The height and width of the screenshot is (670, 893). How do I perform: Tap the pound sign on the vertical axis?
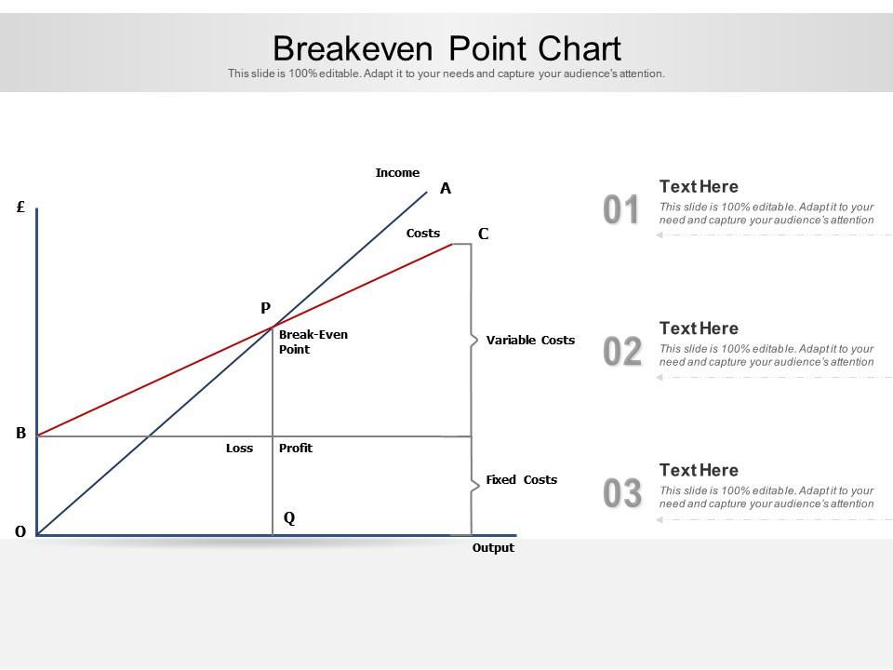pyautogui.click(x=20, y=208)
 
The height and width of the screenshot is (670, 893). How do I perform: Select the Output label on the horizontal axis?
pyautogui.click(x=493, y=548)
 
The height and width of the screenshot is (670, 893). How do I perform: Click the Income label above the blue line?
pyautogui.click(x=397, y=173)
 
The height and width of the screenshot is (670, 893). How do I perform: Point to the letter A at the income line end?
pyautogui.click(x=446, y=189)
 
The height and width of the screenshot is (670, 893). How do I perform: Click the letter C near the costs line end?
pyautogui.click(x=483, y=234)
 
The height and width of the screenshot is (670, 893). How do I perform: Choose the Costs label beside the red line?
pyautogui.click(x=423, y=234)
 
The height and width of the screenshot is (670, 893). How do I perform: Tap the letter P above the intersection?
pyautogui.click(x=265, y=308)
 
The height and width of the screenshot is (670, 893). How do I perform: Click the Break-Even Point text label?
pyautogui.click(x=313, y=342)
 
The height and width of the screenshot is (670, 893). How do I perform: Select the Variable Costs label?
pyautogui.click(x=530, y=341)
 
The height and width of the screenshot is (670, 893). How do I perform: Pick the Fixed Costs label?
pyautogui.click(x=521, y=480)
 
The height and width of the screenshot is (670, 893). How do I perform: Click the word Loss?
pyautogui.click(x=239, y=449)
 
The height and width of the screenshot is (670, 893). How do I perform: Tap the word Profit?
pyautogui.click(x=296, y=449)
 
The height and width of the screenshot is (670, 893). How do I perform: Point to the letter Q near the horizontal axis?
pyautogui.click(x=289, y=518)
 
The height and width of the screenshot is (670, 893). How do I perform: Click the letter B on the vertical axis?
pyautogui.click(x=20, y=433)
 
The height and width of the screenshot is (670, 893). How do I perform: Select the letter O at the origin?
pyautogui.click(x=20, y=532)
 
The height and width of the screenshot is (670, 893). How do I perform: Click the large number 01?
pyautogui.click(x=621, y=211)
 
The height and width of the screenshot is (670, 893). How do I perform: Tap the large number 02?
pyautogui.click(x=621, y=353)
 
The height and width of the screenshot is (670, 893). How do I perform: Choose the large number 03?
pyautogui.click(x=621, y=494)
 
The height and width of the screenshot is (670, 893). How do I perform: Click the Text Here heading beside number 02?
pyautogui.click(x=699, y=328)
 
